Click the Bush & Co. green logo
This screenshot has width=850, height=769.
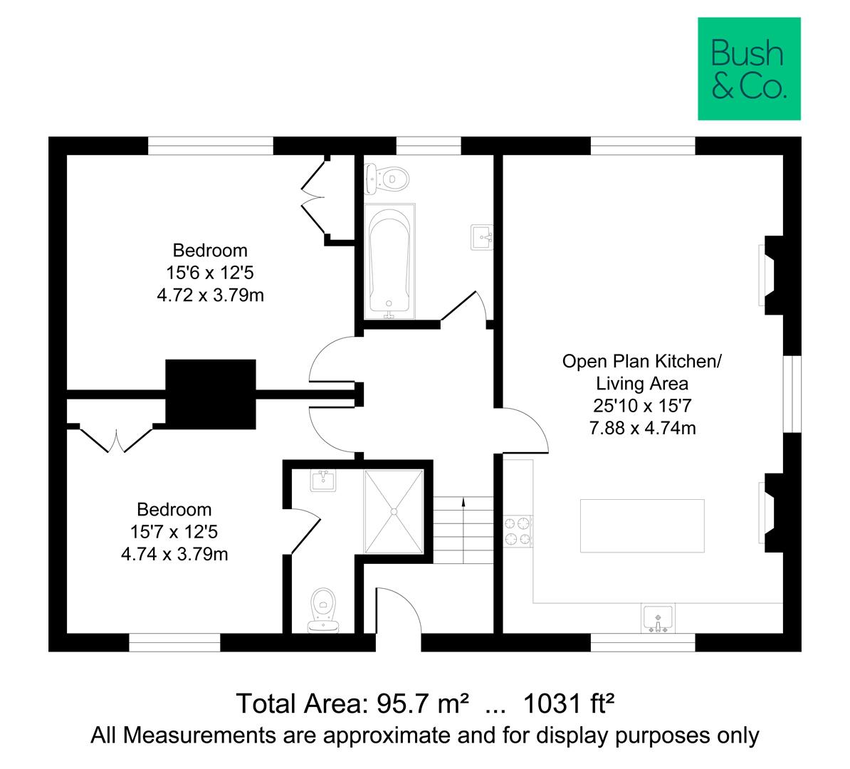[x=748, y=69]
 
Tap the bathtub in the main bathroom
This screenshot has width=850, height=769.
[x=388, y=261]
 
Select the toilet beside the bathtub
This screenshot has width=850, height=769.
[x=385, y=178]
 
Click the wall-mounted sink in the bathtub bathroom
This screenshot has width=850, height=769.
[x=482, y=236]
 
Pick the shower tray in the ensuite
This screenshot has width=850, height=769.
[x=394, y=511]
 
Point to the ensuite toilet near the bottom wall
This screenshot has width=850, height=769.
[x=324, y=610]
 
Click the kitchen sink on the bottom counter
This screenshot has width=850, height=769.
[x=658, y=617]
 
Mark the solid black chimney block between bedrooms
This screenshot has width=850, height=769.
[x=210, y=394]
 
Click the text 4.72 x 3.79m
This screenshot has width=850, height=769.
[x=210, y=295]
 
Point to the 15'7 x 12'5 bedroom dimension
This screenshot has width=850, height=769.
[x=174, y=531]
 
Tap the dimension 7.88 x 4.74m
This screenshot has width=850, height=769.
[x=642, y=428]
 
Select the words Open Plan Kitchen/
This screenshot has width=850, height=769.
[x=642, y=361]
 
